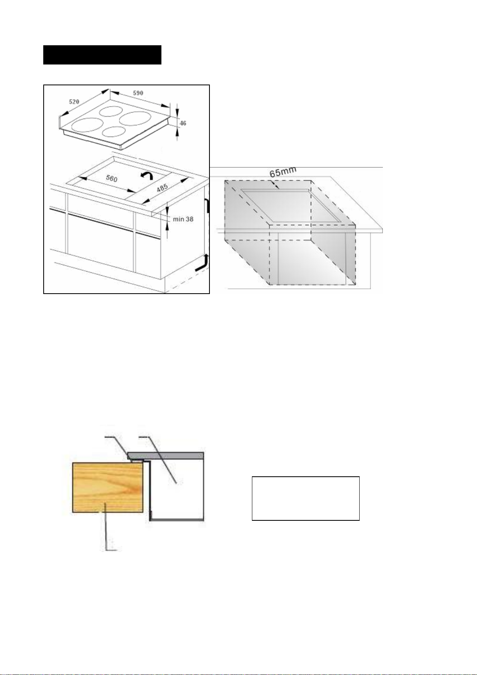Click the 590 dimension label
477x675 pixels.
coord(138,93)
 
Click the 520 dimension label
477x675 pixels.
coord(74,102)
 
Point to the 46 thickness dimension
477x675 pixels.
coord(183,123)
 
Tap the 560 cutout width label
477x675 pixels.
coord(111,178)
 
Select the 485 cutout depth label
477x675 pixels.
coord(162,188)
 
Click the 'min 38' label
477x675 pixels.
coord(183,219)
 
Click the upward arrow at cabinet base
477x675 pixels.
coord(202,262)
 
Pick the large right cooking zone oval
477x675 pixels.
coord(135,119)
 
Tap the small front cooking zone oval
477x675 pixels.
coord(114,132)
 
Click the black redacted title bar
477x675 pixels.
coord(102,55)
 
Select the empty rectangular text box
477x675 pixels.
coord(306,498)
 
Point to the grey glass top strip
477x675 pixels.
coord(166,455)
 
